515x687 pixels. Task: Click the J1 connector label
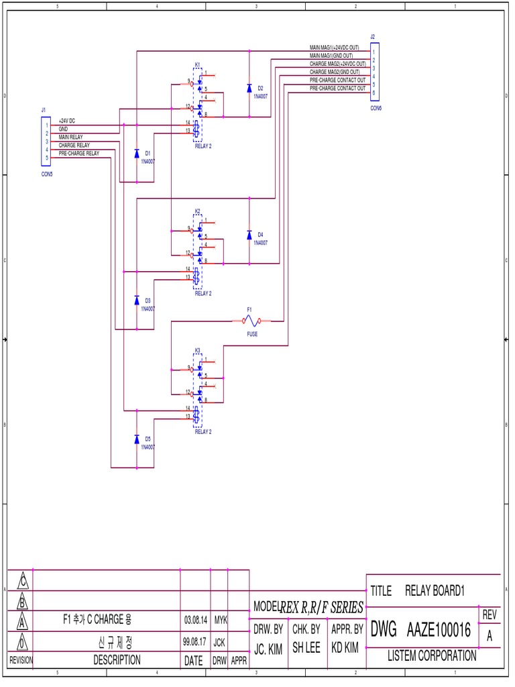(x=44, y=109)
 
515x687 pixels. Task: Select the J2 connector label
(x=373, y=36)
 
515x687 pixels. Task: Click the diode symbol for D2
(x=249, y=88)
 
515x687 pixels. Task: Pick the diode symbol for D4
(x=249, y=235)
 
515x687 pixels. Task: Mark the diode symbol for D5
(x=137, y=439)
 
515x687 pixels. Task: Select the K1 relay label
(x=197, y=64)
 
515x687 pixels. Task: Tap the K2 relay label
(x=197, y=211)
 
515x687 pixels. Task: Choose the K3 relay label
(x=197, y=350)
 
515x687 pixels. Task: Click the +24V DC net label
(x=67, y=121)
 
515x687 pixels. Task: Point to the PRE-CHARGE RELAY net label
(x=78, y=153)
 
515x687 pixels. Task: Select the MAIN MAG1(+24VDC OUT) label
(x=334, y=48)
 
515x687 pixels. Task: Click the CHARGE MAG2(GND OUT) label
(x=334, y=72)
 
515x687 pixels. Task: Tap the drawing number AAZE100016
(x=439, y=631)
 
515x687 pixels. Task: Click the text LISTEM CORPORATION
(x=432, y=656)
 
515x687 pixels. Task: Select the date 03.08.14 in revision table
(x=195, y=621)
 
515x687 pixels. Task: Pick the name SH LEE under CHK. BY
(x=306, y=649)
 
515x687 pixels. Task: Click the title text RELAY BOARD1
(x=435, y=591)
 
